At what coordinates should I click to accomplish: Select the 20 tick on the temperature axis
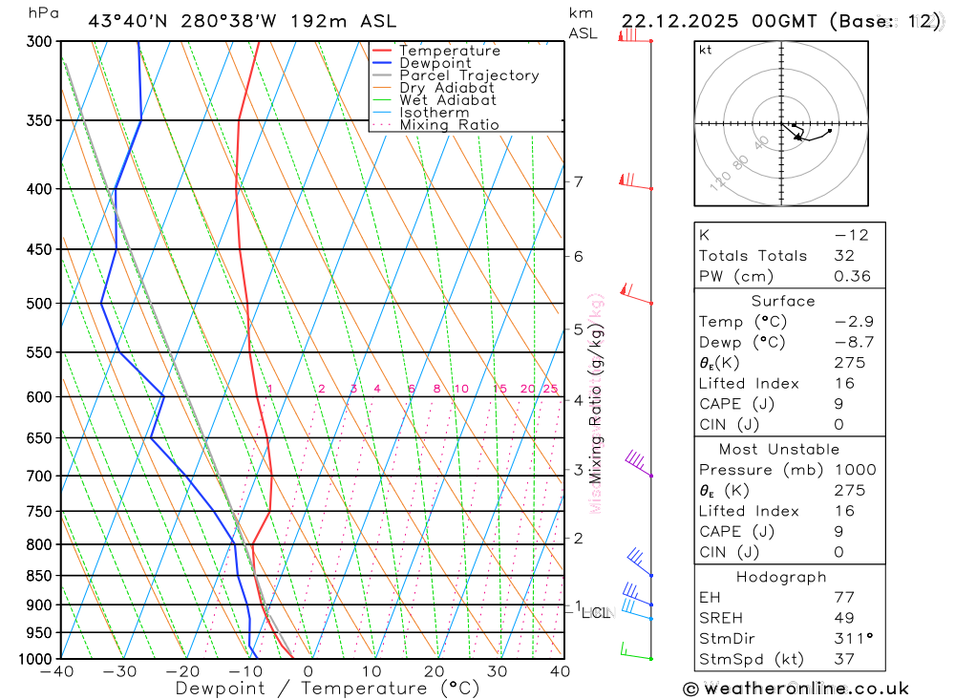(435, 671)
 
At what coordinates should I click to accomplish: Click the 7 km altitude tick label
(579, 181)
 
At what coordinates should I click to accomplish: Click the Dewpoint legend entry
(435, 63)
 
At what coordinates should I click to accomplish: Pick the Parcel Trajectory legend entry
(469, 75)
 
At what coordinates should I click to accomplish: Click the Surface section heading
(782, 301)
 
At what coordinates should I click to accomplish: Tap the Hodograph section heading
(781, 577)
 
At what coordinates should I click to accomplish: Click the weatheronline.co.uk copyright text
(796, 689)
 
